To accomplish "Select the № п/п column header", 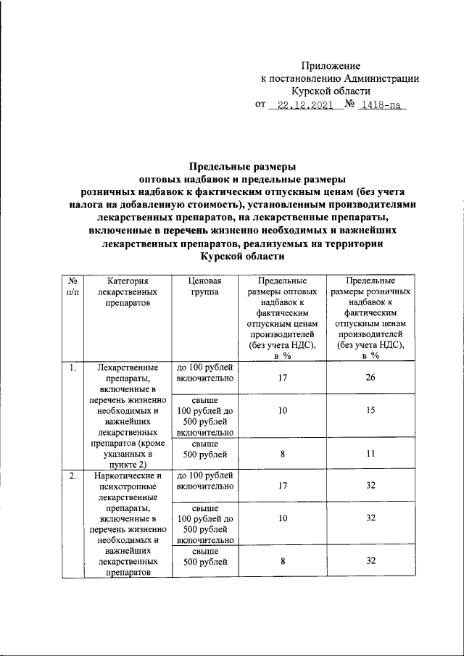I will pyautogui.click(x=72, y=286).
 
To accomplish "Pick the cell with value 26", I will pyautogui.click(x=370, y=378).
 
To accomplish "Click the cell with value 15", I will pyautogui.click(x=370, y=411).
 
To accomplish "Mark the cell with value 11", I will pyautogui.click(x=370, y=454).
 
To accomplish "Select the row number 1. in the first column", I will pyautogui.click(x=72, y=368).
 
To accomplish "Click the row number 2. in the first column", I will pyautogui.click(x=72, y=476).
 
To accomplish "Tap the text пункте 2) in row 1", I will pyautogui.click(x=127, y=465).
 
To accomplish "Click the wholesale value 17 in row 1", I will pyautogui.click(x=282, y=378).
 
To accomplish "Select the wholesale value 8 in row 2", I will pyautogui.click(x=282, y=561).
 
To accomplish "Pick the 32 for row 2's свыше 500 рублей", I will pyautogui.click(x=370, y=561).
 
